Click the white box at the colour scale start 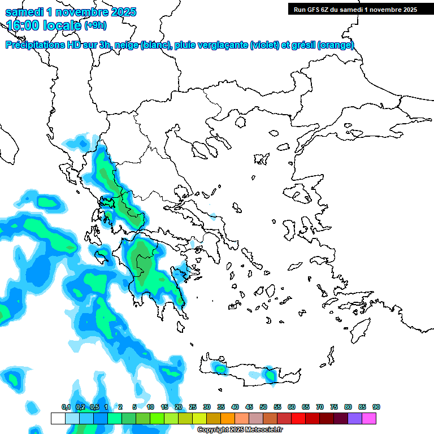pos(58,418)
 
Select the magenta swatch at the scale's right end pos(369,418)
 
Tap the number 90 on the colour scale pos(376,407)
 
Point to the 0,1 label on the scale pos(66,407)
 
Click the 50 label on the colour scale pos(263,407)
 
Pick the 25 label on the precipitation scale pos(193,407)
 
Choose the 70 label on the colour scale pos(320,407)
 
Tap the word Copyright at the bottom pos(210,430)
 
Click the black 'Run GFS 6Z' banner pos(353,9)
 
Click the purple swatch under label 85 pos(355,418)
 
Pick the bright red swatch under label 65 pos(298,418)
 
